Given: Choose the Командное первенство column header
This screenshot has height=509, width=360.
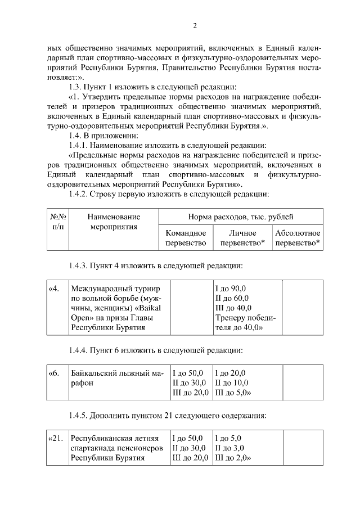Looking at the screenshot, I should click(186, 238).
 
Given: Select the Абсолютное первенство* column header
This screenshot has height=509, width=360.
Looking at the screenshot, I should click(298, 238).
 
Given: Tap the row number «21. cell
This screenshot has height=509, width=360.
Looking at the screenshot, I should click(56, 438).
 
